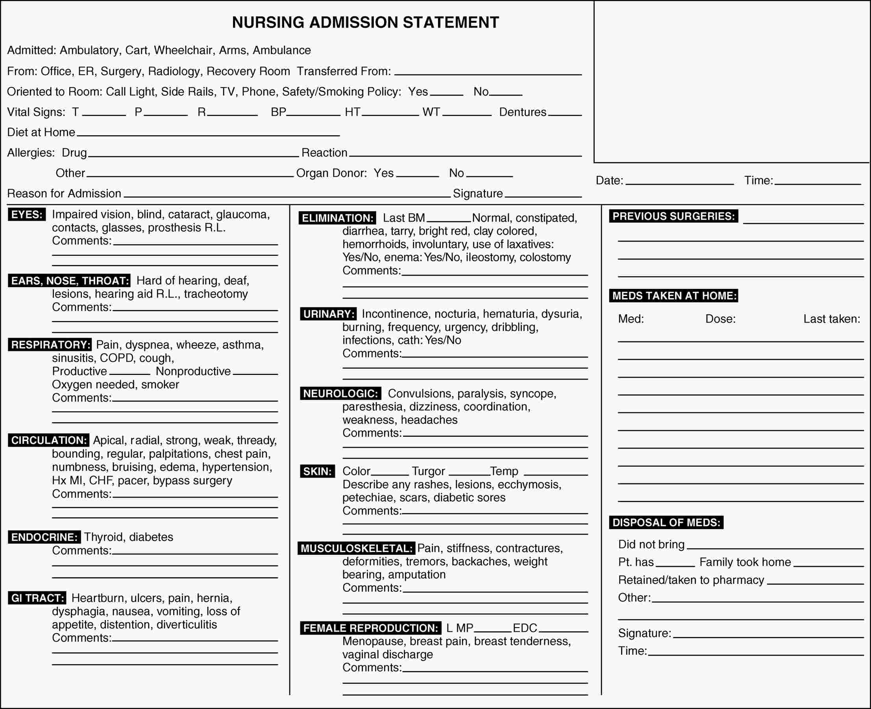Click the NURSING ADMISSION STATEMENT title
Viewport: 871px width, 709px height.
365,22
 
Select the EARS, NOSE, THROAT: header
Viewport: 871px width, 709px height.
69,281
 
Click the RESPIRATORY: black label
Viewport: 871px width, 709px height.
50,345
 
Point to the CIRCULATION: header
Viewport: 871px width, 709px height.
49,440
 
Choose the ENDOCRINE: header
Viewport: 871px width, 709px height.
44,537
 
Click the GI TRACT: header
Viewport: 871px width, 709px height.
37,598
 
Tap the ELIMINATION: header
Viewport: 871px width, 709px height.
337,218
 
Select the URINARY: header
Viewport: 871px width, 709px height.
329,314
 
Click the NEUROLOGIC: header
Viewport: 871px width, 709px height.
341,394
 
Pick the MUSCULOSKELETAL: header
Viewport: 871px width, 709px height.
357,548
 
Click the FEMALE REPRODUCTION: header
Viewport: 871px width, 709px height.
370,628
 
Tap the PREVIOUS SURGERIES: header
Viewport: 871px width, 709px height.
673,216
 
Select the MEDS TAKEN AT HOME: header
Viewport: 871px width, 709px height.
674,296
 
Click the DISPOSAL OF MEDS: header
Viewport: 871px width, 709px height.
666,523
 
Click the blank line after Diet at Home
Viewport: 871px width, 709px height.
208,133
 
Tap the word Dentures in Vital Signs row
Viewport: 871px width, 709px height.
523,112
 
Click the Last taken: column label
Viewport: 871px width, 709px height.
831,319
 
